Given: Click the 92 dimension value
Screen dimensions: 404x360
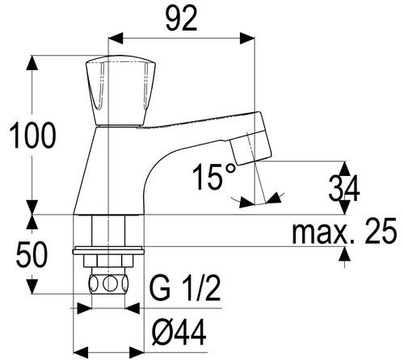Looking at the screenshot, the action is tap(182, 19).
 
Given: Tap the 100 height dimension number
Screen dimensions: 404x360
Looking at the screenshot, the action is tap(32, 135).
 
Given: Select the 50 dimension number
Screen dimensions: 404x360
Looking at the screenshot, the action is tap(32, 254).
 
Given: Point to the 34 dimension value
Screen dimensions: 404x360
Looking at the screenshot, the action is tap(344, 188).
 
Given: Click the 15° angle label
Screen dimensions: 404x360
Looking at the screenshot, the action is tap(214, 177).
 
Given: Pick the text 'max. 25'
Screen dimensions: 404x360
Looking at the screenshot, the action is tap(344, 231).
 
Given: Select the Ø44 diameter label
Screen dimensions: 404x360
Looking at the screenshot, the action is tap(179, 332).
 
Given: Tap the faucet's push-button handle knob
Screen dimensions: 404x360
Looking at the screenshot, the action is tap(120, 91).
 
